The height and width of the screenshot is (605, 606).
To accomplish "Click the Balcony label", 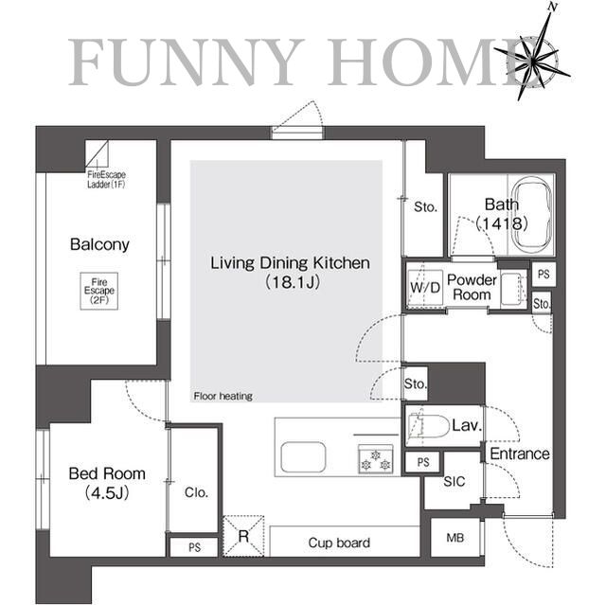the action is click(99, 244).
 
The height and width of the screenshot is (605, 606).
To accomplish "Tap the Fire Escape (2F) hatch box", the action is click(99, 291).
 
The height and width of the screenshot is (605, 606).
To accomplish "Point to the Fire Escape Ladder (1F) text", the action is click(106, 180).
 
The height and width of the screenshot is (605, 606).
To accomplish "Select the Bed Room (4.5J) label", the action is click(107, 483).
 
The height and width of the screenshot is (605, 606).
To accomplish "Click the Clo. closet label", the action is click(196, 492).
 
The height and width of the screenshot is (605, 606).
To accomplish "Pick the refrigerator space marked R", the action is click(243, 536).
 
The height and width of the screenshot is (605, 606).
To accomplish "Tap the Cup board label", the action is click(339, 543).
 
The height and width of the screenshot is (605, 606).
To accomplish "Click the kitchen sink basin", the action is click(303, 457).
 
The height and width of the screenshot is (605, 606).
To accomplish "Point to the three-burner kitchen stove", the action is click(376, 459).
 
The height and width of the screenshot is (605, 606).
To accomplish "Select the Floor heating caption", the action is click(223, 396).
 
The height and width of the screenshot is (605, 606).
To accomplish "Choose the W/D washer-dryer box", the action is click(425, 287).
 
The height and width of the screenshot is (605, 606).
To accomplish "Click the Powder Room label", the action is click(472, 287).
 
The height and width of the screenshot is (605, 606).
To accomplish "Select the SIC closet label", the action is click(454, 481).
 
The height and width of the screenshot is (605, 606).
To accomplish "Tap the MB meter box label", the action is click(454, 538).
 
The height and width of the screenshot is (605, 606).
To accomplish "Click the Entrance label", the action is click(520, 454).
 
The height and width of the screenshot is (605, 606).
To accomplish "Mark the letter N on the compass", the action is click(553, 8).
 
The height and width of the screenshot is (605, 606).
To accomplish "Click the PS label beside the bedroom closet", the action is click(194, 547).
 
